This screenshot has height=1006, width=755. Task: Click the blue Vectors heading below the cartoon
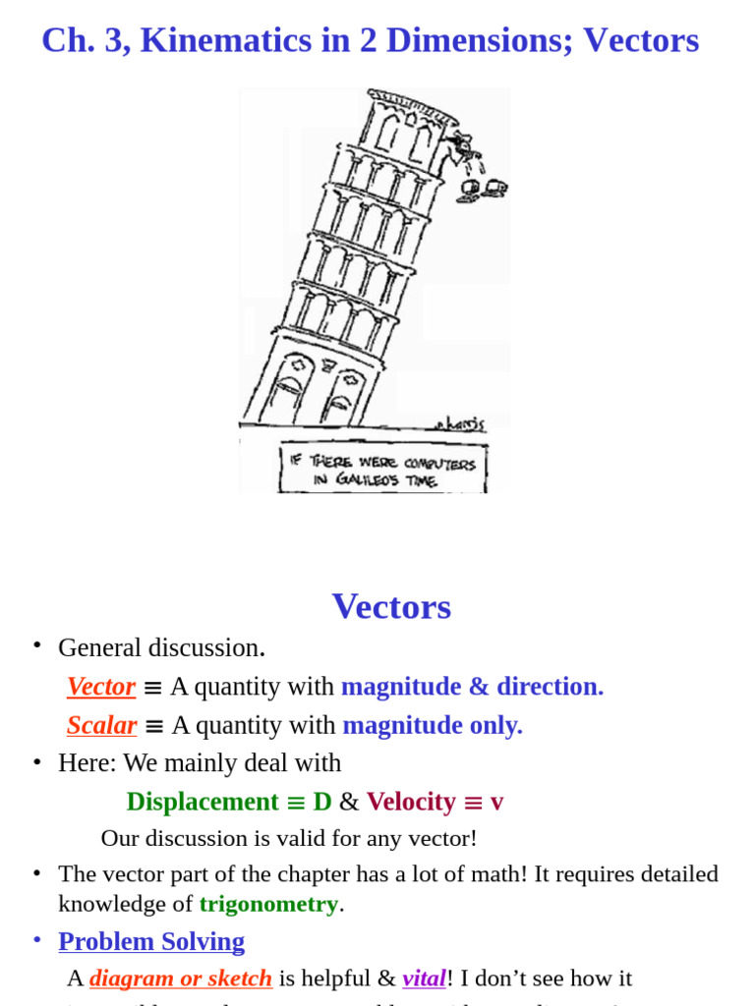391,606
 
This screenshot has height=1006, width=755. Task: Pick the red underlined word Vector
101,687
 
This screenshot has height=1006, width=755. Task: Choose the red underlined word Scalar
101,726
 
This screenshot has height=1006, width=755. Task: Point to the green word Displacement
203,802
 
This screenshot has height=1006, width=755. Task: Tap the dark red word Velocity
411,802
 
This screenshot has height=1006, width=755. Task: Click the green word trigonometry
268,904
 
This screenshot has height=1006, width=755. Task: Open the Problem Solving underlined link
151,941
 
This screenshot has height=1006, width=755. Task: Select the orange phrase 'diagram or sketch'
181,978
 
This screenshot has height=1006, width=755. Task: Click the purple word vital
424,978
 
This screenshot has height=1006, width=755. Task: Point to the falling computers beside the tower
482,189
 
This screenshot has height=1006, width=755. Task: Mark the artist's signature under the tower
459,423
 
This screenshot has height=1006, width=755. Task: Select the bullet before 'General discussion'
36,644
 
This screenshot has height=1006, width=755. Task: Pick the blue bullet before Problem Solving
36,939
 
